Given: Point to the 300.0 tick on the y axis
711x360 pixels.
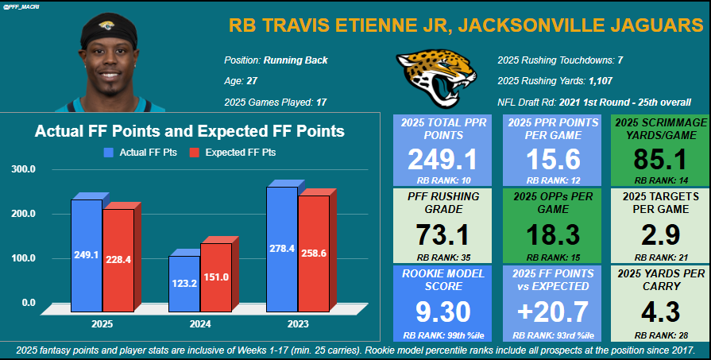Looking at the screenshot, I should [x=23, y=169].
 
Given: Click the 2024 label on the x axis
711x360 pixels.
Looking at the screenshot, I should [x=199, y=324].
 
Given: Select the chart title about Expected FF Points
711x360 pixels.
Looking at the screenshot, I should [x=189, y=131].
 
